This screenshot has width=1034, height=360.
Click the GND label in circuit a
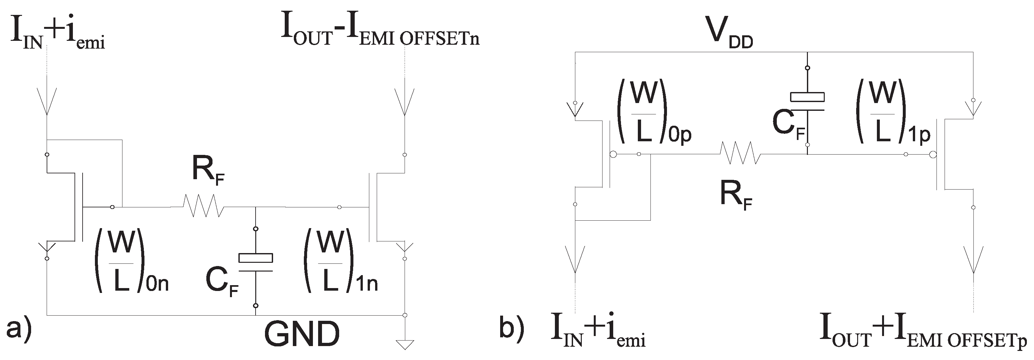pos(302,334)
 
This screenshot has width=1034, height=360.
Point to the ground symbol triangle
pos(405,345)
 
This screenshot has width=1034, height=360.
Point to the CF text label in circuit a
pos(222,281)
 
